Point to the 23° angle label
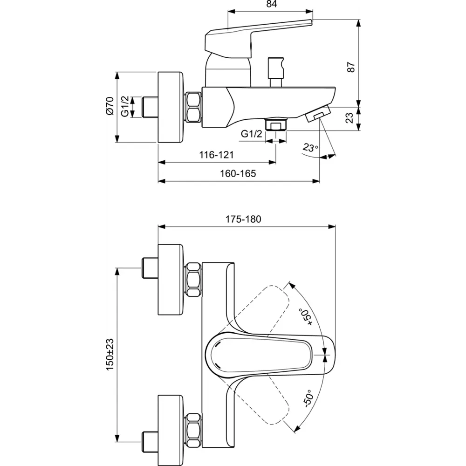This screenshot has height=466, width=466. pos(310,148)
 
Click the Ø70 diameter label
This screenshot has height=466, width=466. pos(110,106)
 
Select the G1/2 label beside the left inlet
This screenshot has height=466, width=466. pos(125,107)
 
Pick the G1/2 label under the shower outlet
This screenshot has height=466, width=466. pos(251,134)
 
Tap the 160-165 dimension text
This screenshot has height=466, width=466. pos(239,173)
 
